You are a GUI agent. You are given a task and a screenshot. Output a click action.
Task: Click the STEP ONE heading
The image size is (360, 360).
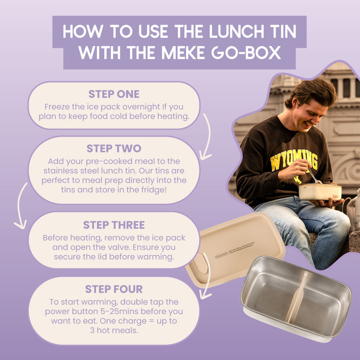click(x=114, y=94)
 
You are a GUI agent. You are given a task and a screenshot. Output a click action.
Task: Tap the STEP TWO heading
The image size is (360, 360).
click(x=114, y=148)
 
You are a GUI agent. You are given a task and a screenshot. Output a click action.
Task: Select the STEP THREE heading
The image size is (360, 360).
click(x=114, y=225)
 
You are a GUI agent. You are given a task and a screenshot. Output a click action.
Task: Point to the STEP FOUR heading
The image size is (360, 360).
click(x=114, y=289)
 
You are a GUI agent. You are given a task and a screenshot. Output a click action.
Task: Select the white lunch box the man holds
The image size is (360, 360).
click(x=320, y=192)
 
